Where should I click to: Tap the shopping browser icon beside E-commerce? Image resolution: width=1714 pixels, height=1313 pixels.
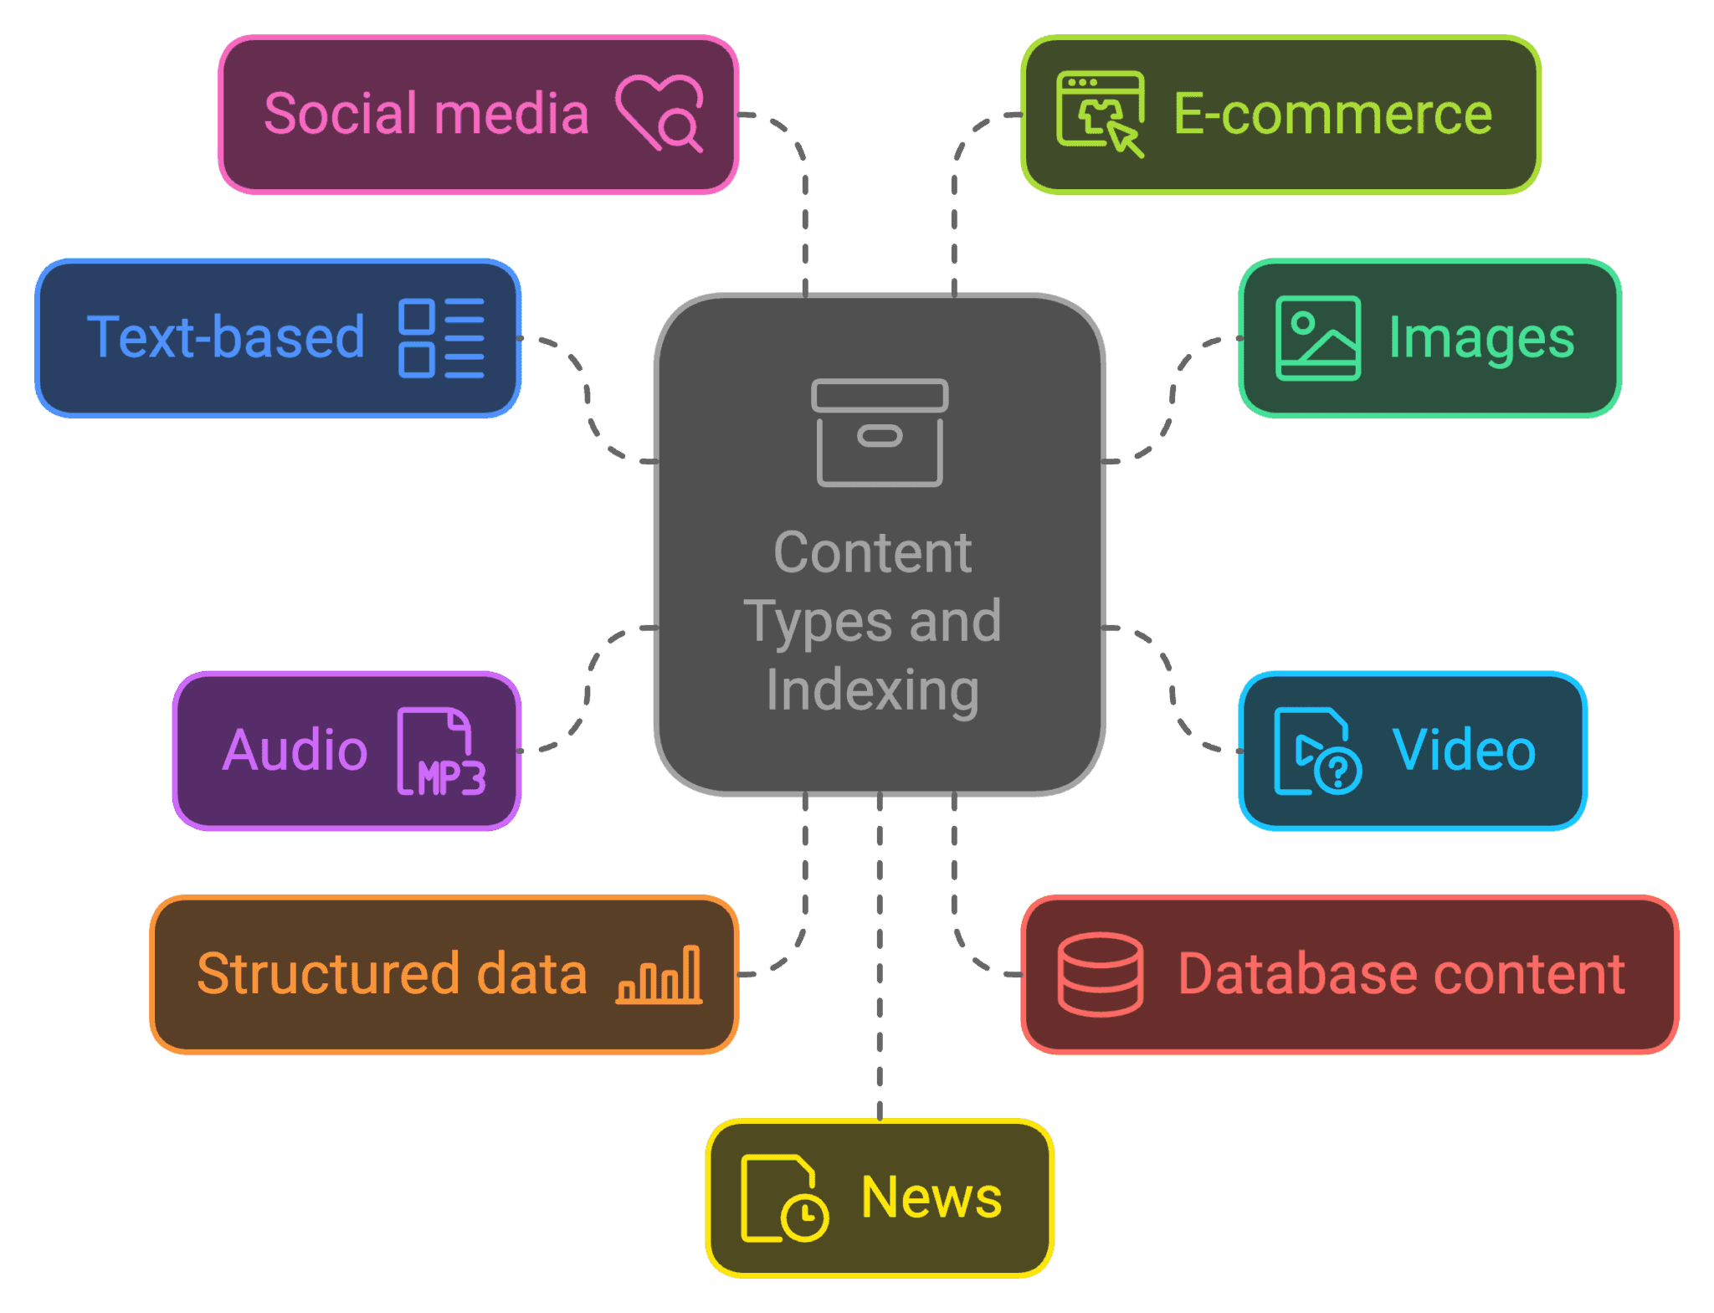1100,114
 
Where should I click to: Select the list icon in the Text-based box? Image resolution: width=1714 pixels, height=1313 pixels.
442,338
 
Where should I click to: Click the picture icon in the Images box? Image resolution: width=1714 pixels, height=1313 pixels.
1317,338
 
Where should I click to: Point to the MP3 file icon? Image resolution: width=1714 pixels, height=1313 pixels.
441,751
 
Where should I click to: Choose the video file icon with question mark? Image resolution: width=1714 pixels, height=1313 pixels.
1317,751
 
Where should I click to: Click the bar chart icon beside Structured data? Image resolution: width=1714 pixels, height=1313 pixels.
659,975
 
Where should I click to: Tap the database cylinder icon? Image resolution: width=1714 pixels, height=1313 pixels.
1100,975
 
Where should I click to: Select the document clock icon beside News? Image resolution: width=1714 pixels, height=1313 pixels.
784,1198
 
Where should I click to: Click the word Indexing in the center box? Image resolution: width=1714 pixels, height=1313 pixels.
873,691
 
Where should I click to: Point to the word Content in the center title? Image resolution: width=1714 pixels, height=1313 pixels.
873,552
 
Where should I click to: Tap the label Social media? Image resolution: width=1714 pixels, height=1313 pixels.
427,114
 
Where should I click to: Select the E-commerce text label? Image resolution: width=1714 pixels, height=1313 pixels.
1333,114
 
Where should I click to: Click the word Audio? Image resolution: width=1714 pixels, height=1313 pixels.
295,750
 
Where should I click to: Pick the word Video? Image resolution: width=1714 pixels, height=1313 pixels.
1464,750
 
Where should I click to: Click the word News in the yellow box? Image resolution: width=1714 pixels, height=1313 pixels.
931,1198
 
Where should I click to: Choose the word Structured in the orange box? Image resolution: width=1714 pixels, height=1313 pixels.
328,974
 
